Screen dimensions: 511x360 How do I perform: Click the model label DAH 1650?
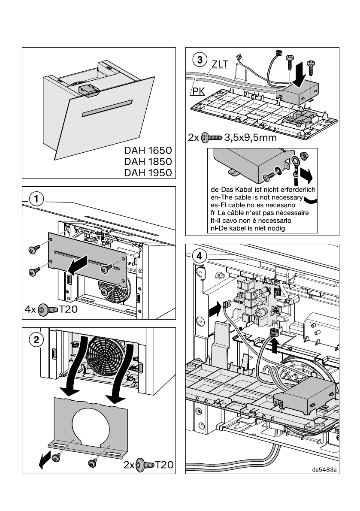(148, 151)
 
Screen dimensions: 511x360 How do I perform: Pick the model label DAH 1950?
(148, 173)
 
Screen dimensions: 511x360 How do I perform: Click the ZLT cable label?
(221, 64)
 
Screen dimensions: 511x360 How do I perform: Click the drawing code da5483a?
(325, 469)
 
